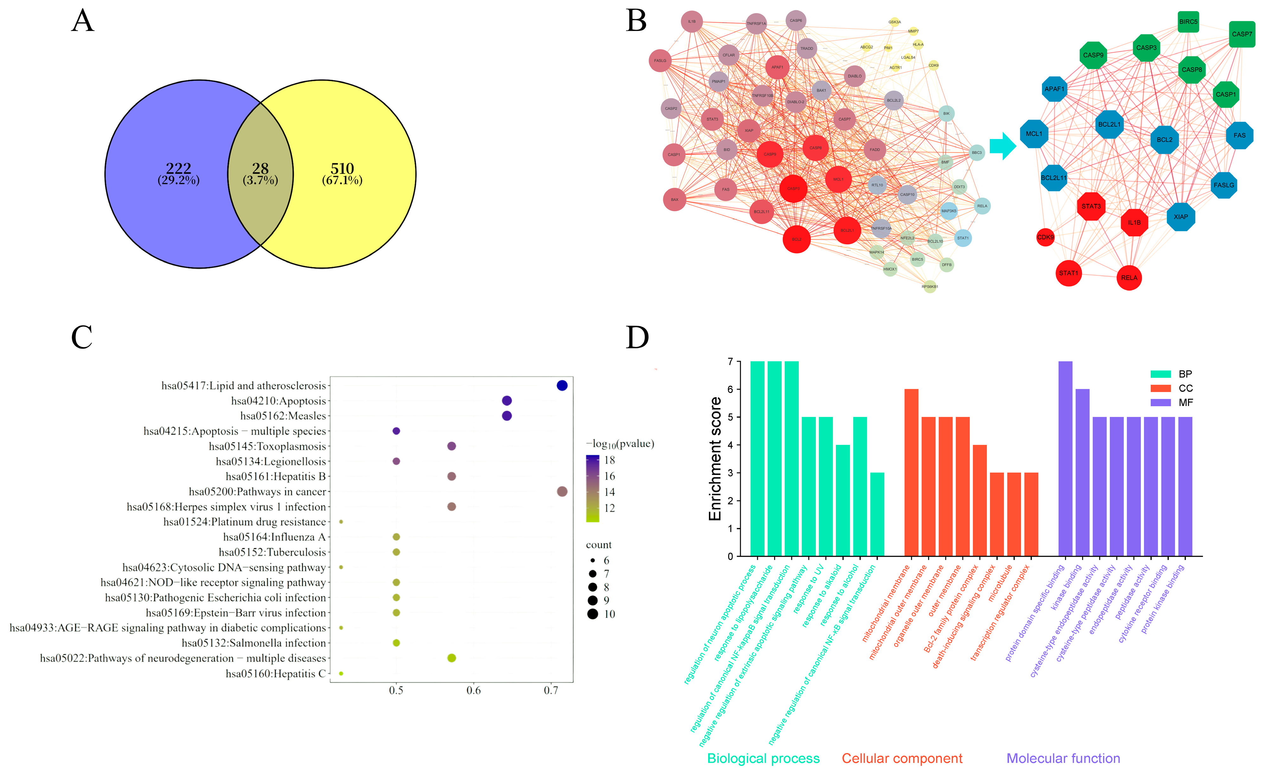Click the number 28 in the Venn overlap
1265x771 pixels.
click(x=260, y=168)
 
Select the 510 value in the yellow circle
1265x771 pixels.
click(x=342, y=168)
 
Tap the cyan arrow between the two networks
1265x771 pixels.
click(x=1002, y=146)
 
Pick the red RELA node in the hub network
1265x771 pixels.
click(x=1129, y=278)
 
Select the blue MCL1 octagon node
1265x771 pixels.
click(x=1034, y=134)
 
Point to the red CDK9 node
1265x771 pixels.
click(x=1045, y=237)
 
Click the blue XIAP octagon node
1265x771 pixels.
click(x=1181, y=217)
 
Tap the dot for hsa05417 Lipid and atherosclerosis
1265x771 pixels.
click(x=562, y=386)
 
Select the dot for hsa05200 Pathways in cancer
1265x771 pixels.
click(x=562, y=492)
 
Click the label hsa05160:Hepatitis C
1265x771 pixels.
click(x=276, y=673)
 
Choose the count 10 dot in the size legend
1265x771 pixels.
click(x=593, y=614)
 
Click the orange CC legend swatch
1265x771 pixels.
click(x=1160, y=388)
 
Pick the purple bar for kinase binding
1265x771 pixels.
click(x=1082, y=472)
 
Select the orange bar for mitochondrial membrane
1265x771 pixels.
click(x=911, y=472)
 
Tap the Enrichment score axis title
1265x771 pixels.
click(x=715, y=458)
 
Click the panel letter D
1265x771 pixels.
click(x=637, y=337)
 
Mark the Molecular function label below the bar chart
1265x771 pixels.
click(x=1063, y=758)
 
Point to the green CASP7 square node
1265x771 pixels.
click(x=1241, y=35)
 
